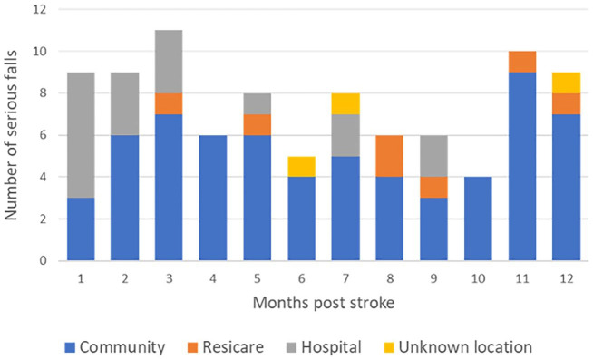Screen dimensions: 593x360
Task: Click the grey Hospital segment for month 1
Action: tap(81, 135)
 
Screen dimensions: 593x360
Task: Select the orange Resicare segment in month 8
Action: tap(390, 156)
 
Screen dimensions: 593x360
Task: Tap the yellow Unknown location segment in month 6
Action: tap(301, 166)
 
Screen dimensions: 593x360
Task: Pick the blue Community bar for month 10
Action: tap(478, 219)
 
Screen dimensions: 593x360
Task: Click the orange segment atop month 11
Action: tap(522, 62)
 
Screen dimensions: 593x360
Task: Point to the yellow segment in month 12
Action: tap(566, 83)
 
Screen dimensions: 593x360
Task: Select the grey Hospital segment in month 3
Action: tap(169, 62)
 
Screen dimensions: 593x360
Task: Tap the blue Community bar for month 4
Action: tap(213, 198)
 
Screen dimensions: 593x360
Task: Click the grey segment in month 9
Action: tap(433, 156)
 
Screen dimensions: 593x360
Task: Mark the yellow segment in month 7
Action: tap(345, 103)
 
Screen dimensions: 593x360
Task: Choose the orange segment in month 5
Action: tap(258, 124)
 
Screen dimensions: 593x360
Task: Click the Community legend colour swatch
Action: tap(70, 347)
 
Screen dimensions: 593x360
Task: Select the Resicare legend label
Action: tap(233, 347)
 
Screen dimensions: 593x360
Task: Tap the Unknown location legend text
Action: tap(465, 347)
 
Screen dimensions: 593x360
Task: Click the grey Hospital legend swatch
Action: tap(292, 347)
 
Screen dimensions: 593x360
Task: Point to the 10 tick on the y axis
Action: tap(39, 52)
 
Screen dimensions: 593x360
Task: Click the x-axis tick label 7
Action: tap(345, 278)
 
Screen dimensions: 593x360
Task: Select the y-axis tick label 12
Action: tap(39, 9)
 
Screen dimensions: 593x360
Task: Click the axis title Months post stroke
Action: tap(324, 303)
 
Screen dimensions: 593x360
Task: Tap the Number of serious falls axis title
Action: tap(11, 135)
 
